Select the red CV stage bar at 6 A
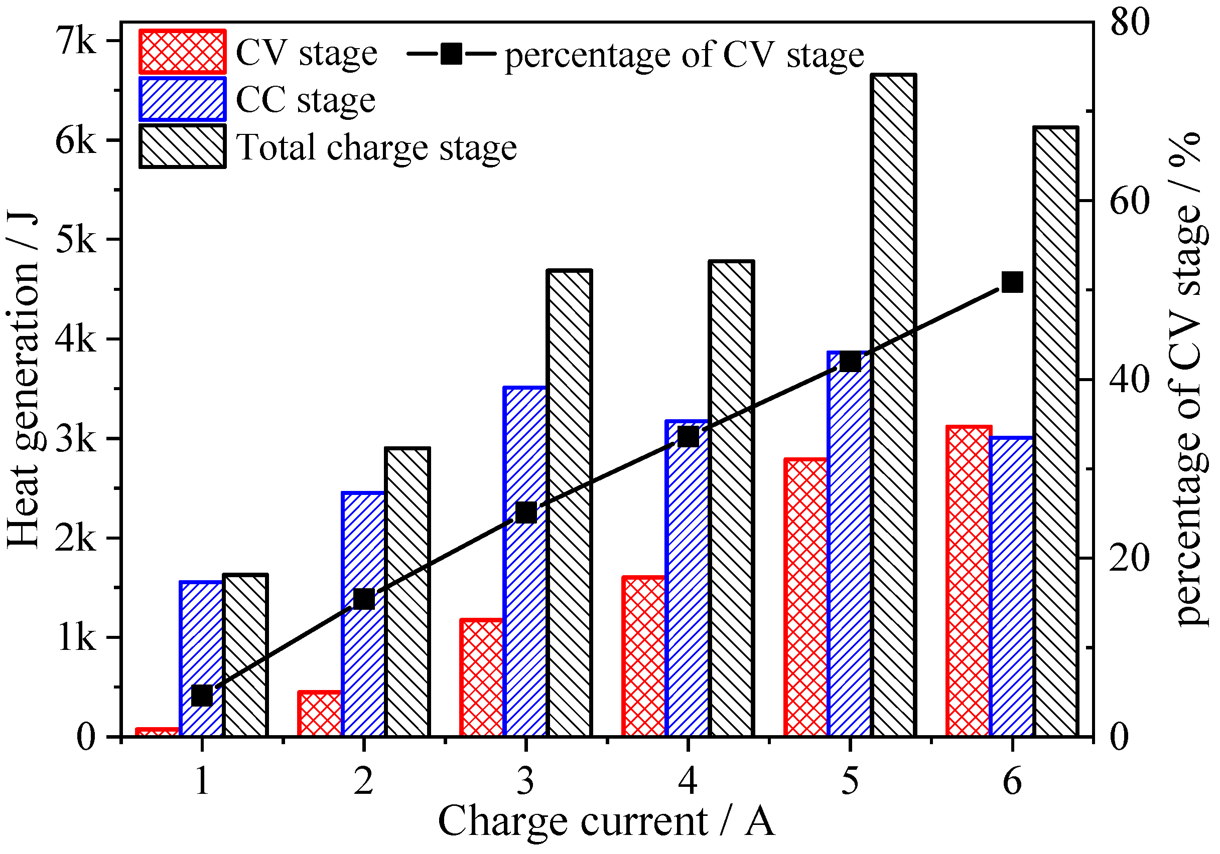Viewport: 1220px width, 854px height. [x=969, y=581]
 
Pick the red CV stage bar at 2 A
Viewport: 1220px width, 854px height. [x=319, y=714]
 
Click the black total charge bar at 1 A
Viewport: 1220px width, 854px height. [x=245, y=655]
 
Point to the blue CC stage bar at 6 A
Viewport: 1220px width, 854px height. [x=1012, y=587]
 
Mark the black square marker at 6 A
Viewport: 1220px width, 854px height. [x=1012, y=282]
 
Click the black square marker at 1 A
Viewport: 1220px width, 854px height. [x=202, y=695]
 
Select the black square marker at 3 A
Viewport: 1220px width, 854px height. [x=526, y=513]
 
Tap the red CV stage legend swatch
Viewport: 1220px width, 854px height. [x=182, y=52]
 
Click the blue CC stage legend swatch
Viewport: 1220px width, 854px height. [x=182, y=99]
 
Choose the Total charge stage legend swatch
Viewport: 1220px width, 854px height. [x=182, y=146]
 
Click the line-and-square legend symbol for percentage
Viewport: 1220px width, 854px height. [x=451, y=54]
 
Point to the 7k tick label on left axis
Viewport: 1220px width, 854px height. [x=76, y=42]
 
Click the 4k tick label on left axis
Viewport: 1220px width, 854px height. [x=76, y=339]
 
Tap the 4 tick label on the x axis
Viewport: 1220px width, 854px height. [x=688, y=782]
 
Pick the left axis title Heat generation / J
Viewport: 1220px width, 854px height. [x=24, y=379]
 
